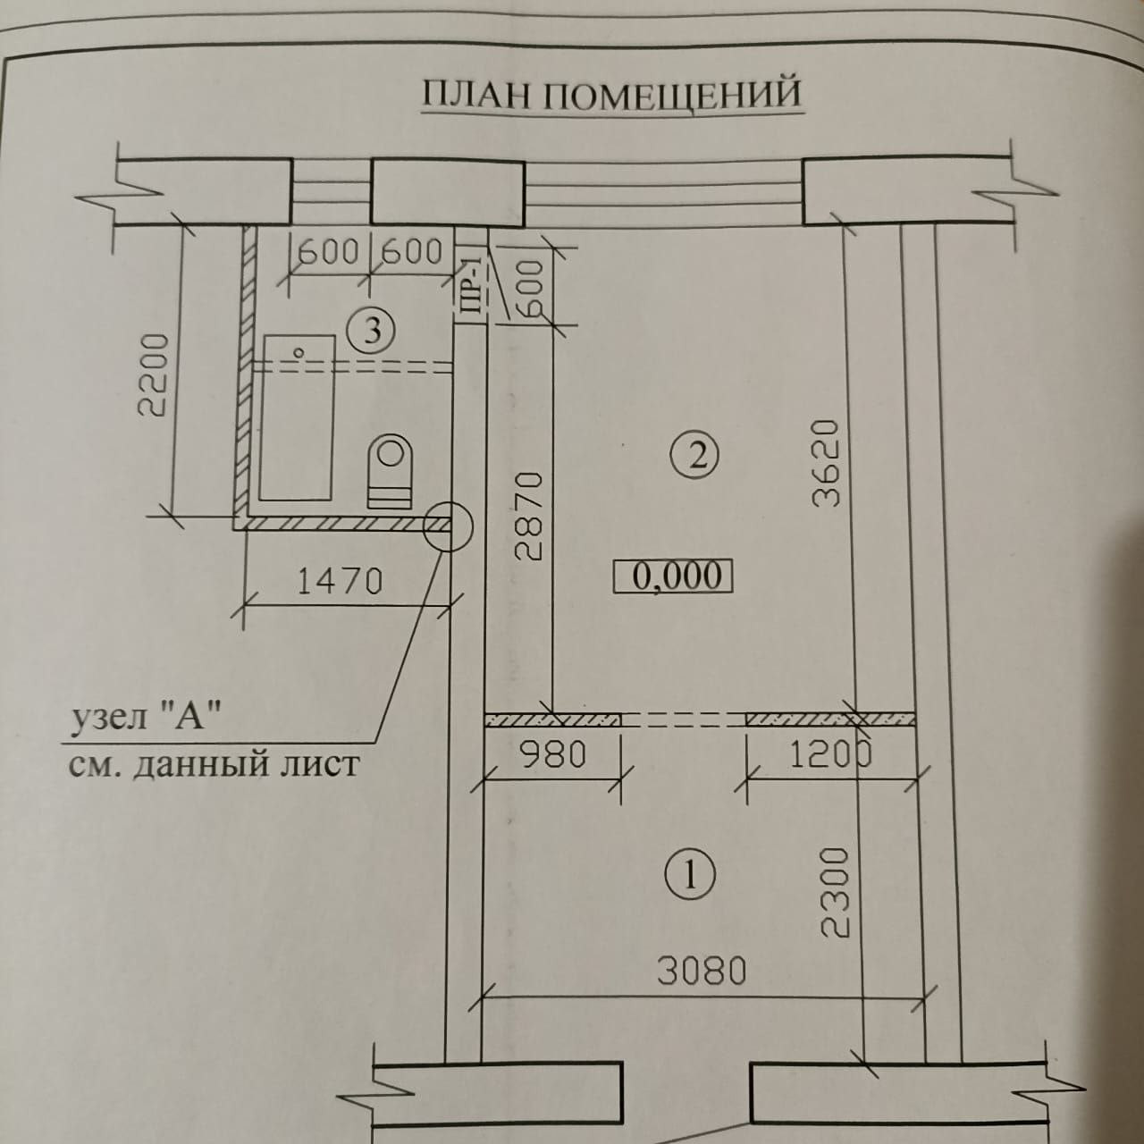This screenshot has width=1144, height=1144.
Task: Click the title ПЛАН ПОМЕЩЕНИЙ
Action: tap(611, 94)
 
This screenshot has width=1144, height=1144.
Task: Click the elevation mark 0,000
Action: tap(673, 576)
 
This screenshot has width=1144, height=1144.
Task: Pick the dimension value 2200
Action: tap(154, 375)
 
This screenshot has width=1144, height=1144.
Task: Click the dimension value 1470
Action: tap(340, 582)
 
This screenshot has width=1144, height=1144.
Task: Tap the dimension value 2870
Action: tap(529, 517)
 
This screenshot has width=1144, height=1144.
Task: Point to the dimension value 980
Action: tap(554, 756)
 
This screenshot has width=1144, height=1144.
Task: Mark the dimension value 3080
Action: tap(702, 971)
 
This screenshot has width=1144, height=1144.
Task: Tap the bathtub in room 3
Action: tap(297, 416)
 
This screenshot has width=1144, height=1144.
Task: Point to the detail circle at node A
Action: tap(446, 525)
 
